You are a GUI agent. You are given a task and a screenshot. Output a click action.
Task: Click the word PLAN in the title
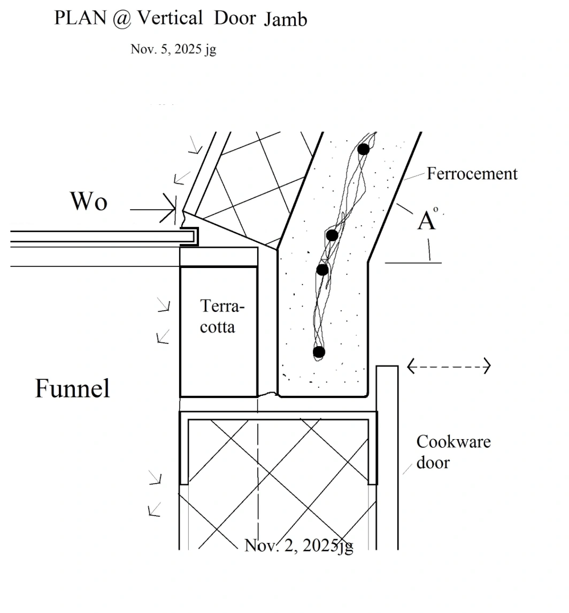(x=80, y=18)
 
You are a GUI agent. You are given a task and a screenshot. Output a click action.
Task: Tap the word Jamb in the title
(x=285, y=20)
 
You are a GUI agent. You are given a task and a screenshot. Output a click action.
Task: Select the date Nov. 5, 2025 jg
(x=173, y=49)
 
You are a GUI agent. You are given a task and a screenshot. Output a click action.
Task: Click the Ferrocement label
(x=472, y=174)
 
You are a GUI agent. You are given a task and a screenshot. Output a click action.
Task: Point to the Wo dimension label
(x=89, y=201)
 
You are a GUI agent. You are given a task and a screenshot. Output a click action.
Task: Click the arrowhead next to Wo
(x=169, y=209)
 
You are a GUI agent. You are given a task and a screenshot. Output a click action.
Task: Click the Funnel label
(x=72, y=388)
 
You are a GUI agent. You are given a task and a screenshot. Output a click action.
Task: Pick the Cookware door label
(x=453, y=452)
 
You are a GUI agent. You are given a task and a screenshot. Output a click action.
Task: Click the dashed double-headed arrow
(x=449, y=366)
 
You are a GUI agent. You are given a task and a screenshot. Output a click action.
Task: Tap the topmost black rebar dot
(x=364, y=149)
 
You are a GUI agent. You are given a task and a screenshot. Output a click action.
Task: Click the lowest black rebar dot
(x=319, y=352)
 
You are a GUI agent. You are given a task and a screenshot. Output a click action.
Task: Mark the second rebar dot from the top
(x=332, y=235)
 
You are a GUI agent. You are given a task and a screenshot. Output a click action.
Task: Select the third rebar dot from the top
(x=322, y=270)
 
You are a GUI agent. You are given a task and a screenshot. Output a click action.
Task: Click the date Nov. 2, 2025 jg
(x=299, y=546)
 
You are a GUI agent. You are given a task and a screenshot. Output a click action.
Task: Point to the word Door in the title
(x=235, y=18)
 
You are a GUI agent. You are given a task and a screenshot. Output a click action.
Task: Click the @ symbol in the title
(x=121, y=19)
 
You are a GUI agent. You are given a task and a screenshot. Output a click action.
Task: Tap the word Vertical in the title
(x=170, y=18)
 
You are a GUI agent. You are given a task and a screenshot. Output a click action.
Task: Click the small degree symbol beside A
(x=436, y=209)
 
